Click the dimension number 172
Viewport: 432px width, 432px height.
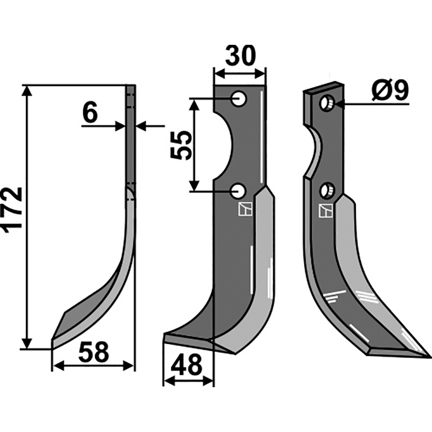click(12, 210)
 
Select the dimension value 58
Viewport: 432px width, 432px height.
click(93, 352)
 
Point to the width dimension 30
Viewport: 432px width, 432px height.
click(240, 56)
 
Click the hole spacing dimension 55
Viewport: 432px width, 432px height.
click(181, 145)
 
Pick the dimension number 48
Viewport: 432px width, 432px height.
click(186, 366)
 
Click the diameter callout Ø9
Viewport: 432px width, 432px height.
click(390, 91)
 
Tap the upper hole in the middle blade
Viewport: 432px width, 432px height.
click(239, 99)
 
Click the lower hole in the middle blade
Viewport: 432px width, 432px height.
click(238, 191)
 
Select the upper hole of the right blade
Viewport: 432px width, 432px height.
click(327, 103)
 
